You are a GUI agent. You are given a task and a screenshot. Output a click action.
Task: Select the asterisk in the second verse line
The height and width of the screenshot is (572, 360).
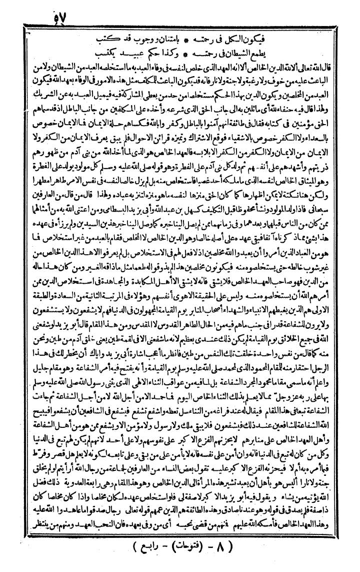point(179,52)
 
